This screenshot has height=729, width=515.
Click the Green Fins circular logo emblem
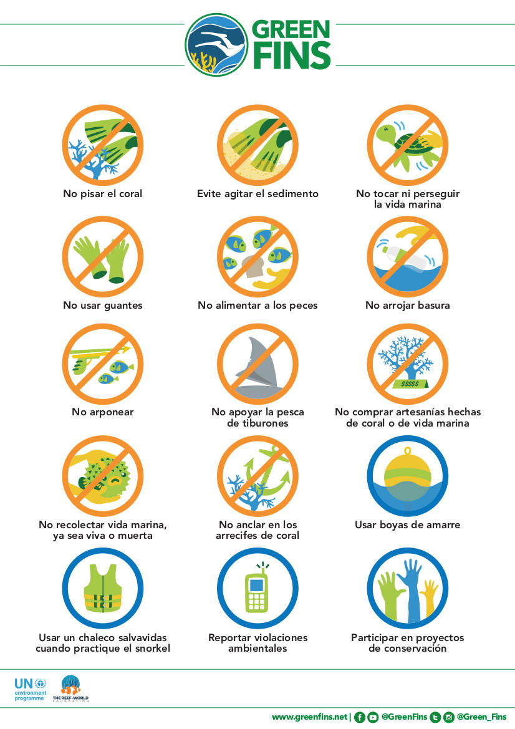[x=216, y=45]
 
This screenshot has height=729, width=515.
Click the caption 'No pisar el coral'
[x=103, y=194]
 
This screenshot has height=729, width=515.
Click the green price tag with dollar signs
[x=410, y=384]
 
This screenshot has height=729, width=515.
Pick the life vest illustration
[x=103, y=588]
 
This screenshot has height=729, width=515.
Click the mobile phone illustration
[x=257, y=588]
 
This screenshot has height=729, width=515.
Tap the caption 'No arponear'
[x=103, y=412]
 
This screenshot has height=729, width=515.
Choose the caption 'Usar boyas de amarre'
[x=408, y=525]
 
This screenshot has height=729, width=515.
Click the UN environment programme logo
[x=30, y=688]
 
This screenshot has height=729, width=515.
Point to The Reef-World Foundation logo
[x=70, y=688]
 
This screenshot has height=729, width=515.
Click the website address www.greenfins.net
[x=309, y=717]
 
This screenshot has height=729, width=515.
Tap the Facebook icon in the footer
[x=359, y=717]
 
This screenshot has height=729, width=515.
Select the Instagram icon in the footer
[x=448, y=717]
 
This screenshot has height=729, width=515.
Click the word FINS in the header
[x=292, y=56]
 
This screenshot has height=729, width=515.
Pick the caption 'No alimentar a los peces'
[x=257, y=306]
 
